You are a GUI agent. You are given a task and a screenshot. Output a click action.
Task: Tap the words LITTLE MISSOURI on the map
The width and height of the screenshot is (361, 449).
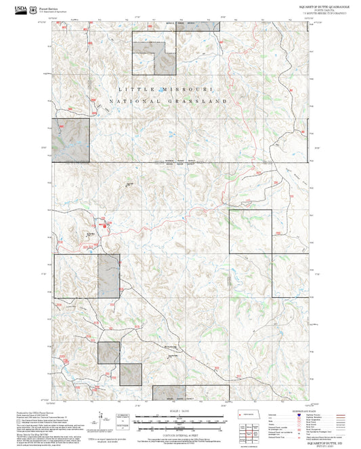(165, 90)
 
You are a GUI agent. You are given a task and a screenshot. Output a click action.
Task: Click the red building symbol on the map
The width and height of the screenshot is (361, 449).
(104, 225)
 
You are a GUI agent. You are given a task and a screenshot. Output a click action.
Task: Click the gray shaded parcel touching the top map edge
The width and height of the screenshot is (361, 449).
(204, 24)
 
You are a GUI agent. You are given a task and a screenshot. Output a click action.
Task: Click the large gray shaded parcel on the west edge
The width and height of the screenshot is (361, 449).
(70, 140)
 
